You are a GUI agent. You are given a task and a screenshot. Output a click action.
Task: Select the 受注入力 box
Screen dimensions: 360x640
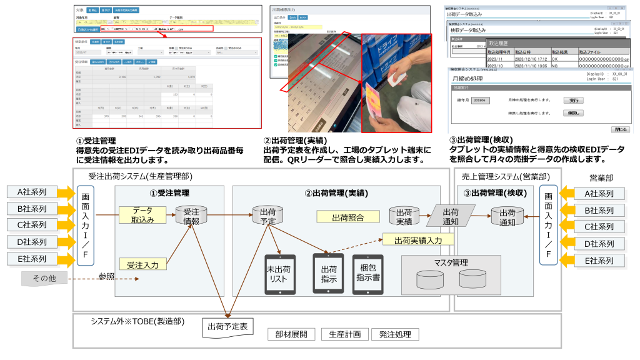point(143,264)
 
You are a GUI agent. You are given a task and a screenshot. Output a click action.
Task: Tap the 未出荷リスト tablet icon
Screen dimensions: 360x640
point(279,274)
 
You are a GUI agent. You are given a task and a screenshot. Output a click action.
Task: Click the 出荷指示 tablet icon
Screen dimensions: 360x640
point(329,274)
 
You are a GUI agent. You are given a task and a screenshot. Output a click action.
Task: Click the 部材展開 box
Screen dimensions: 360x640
point(292,334)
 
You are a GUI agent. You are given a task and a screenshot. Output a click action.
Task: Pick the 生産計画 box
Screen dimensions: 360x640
point(344,334)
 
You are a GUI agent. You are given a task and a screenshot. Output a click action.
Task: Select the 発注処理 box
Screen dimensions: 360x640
point(394,334)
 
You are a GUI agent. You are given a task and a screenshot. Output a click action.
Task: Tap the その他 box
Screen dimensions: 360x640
point(44,277)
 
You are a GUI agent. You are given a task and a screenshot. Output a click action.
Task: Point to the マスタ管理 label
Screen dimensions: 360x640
point(451,262)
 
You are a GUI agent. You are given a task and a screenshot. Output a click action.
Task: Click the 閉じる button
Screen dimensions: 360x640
point(621,129)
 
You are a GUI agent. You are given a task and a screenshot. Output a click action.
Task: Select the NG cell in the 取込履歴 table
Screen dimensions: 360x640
point(556,64)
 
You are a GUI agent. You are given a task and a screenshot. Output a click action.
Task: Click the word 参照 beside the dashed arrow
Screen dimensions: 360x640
point(107,276)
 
